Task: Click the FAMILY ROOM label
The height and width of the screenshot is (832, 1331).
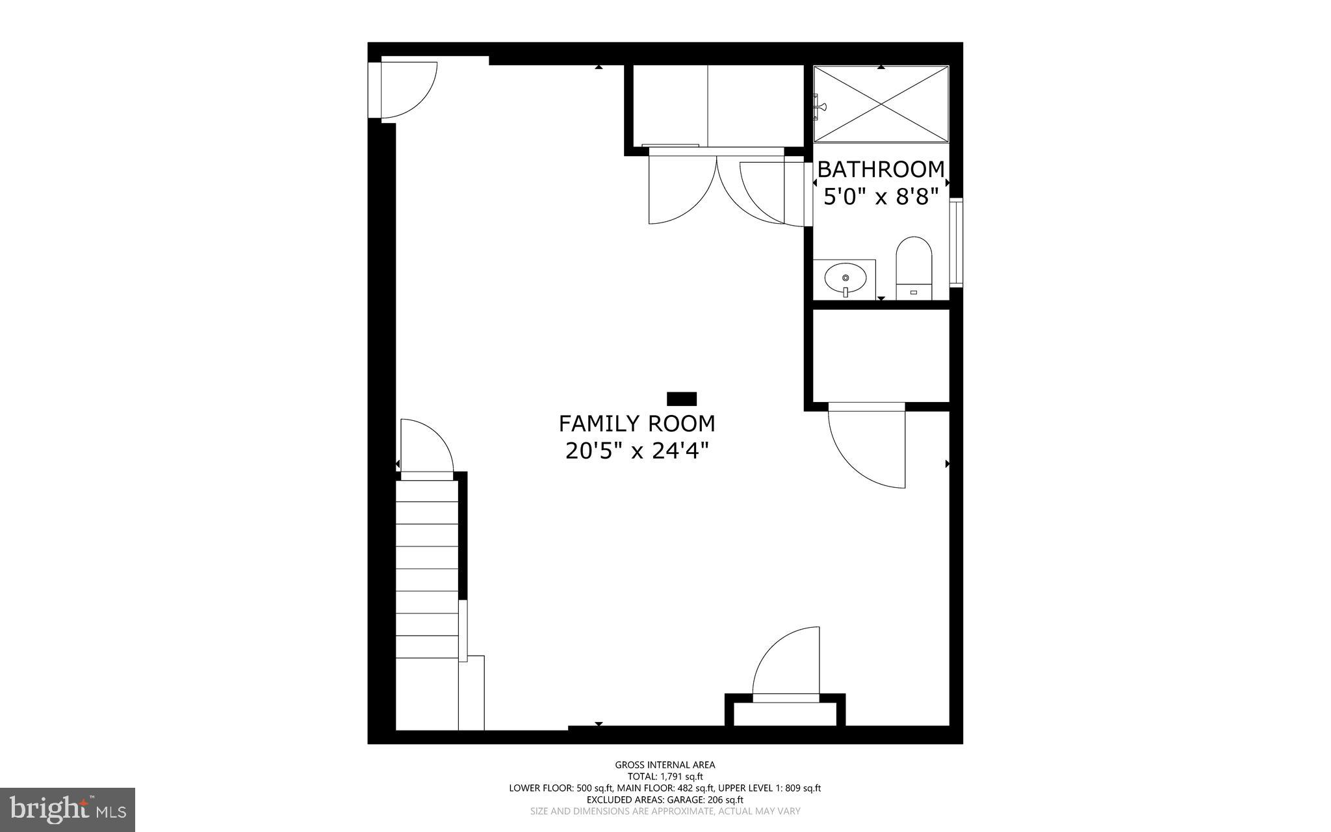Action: tap(636, 423)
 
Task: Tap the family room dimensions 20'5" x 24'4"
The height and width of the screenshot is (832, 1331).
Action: tap(636, 451)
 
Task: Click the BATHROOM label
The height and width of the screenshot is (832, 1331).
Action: tap(881, 169)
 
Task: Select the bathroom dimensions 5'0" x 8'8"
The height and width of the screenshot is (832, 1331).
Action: tap(881, 196)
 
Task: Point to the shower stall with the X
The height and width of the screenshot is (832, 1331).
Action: tap(881, 104)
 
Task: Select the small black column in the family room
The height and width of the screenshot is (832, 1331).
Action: tap(682, 399)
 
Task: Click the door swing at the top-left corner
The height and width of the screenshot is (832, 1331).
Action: tap(406, 91)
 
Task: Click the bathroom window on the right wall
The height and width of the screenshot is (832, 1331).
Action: tap(955, 243)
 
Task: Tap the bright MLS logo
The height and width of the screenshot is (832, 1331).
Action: tap(68, 810)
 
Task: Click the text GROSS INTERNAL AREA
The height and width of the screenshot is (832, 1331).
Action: tap(665, 765)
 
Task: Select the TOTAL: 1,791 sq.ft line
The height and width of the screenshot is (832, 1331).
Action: tap(665, 777)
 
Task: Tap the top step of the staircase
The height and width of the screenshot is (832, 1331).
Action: tap(427, 491)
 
